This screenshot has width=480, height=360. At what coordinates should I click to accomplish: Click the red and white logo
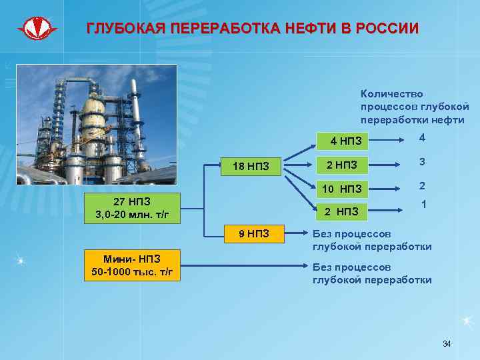[38, 29]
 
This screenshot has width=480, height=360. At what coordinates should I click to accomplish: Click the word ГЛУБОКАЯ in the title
[126, 29]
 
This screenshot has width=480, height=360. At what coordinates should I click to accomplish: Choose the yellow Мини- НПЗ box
[131, 266]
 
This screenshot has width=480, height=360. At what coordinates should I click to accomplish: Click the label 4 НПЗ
[346, 141]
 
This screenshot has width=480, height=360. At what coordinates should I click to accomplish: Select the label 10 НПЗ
[341, 189]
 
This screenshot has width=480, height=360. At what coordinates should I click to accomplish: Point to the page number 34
[447, 344]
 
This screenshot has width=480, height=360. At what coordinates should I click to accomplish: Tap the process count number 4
[422, 138]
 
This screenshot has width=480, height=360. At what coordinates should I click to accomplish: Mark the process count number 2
[422, 185]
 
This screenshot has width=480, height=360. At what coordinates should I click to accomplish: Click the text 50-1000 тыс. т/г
[131, 273]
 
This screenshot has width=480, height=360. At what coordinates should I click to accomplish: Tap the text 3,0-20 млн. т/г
[131, 214]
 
